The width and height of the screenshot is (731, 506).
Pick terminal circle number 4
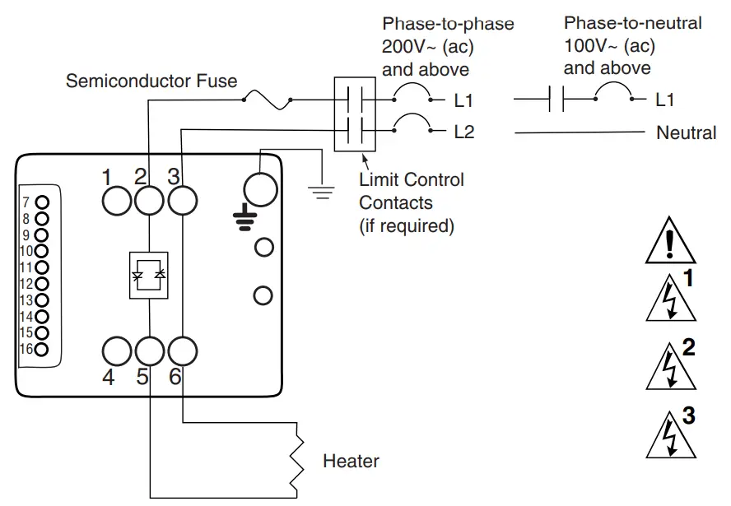tap(117, 351)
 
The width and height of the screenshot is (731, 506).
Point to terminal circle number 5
tap(149, 351)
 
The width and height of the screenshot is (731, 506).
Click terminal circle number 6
tap(182, 351)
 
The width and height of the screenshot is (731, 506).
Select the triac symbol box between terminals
tap(149, 275)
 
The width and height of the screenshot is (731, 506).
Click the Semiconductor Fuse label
tap(151, 81)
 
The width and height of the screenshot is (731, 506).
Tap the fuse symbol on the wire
tap(268, 100)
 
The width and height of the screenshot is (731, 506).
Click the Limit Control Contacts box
tap(355, 115)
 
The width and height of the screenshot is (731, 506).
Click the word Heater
tap(351, 461)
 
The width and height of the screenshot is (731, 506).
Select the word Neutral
tap(686, 132)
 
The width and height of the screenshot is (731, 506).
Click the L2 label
tap(464, 132)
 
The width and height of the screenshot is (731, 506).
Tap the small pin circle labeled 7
tap(42, 202)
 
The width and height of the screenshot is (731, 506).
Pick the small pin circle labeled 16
tap(42, 349)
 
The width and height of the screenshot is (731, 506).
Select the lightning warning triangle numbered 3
tap(670, 437)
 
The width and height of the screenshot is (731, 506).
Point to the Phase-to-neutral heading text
tap(632, 23)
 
